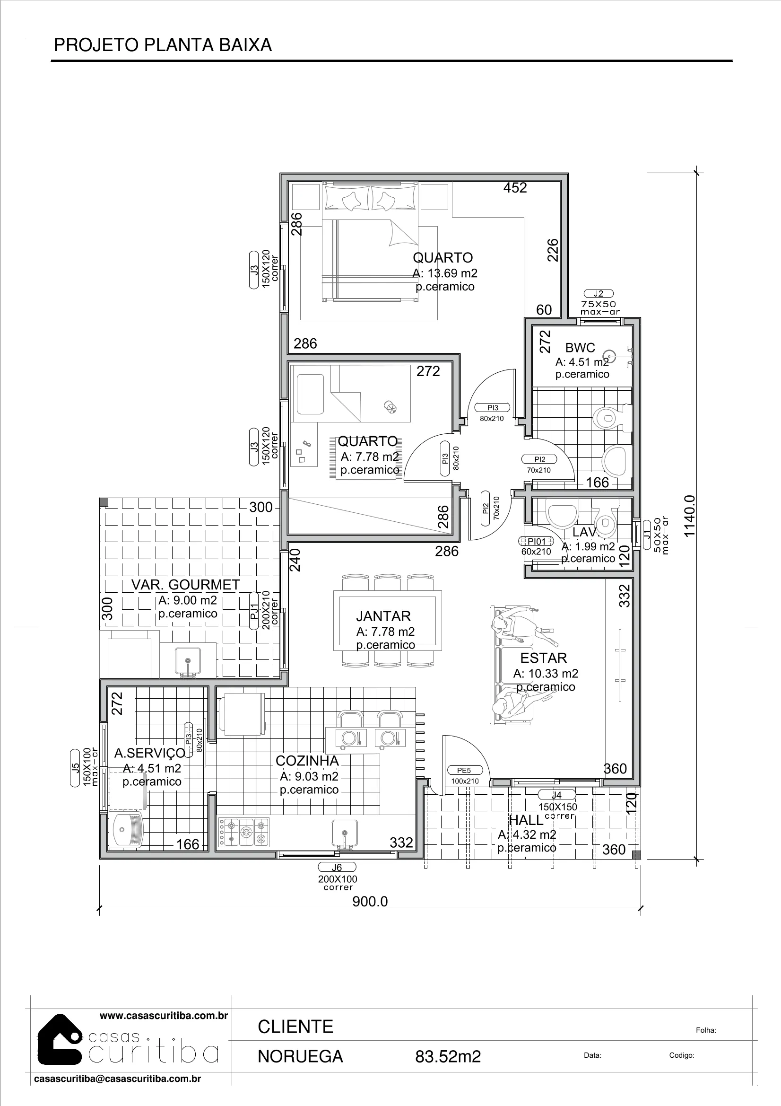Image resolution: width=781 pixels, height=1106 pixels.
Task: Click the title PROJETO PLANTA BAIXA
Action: tap(163, 45)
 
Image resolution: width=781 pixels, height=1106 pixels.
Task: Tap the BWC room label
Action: tap(580, 347)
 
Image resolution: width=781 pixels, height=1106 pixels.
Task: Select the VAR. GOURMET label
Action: tap(186, 584)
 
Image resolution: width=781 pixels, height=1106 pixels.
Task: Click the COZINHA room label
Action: tap(307, 761)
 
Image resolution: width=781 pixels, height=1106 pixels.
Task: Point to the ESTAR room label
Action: tap(544, 658)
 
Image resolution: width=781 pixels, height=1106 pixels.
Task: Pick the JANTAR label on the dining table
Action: tap(383, 616)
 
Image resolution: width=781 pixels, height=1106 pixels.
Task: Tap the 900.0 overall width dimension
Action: tap(370, 901)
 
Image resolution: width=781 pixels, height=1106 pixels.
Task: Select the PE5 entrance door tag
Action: tap(464, 770)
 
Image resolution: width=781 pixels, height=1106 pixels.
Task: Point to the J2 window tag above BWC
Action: tap(599, 294)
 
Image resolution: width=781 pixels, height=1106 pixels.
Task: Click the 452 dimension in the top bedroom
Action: tap(515, 188)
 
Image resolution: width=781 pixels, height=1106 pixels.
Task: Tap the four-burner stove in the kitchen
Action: tap(244, 832)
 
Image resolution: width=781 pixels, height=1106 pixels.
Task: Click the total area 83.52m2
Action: tap(448, 1056)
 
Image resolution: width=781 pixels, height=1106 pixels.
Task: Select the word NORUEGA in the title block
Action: tap(301, 1056)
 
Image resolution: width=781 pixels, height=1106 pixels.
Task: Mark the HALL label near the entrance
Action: tap(526, 819)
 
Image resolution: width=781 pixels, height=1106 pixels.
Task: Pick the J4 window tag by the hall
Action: tap(556, 795)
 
